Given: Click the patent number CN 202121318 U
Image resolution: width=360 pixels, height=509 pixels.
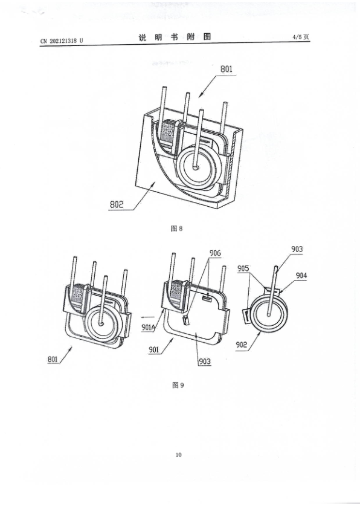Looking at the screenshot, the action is pos(62,41).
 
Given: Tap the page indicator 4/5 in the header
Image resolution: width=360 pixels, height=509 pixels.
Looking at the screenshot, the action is pos(297,37).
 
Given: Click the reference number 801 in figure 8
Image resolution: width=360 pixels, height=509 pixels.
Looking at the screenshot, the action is pos(227,69).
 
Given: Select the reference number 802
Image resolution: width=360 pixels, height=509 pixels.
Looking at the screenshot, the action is pos(117,205).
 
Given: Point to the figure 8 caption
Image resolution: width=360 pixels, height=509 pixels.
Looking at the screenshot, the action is pos(177,229).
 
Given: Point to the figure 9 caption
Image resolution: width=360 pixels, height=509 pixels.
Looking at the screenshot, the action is pos(178,385).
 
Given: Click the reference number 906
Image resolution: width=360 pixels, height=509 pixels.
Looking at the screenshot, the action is pos(215,253).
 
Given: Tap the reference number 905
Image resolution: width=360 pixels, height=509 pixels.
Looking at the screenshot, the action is pos(243,268).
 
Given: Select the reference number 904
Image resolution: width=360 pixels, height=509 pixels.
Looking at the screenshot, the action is pos(301,276).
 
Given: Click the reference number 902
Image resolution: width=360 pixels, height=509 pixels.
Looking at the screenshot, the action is pos(241,345).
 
